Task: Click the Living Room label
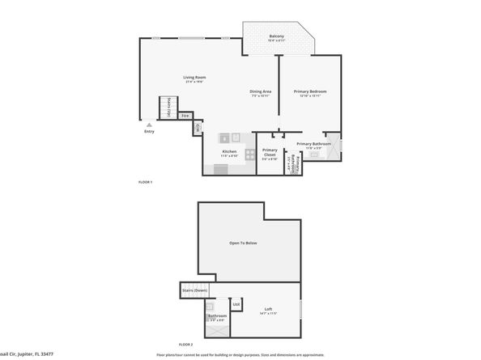(x=194, y=78)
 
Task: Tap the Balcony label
(x=277, y=36)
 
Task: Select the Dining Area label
(x=260, y=91)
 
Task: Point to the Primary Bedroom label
(x=310, y=91)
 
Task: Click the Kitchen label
(x=230, y=151)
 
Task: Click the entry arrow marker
(x=148, y=125)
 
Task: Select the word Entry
(x=149, y=132)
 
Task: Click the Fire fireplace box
(x=185, y=116)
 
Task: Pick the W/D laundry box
(x=198, y=126)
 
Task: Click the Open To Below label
(x=243, y=243)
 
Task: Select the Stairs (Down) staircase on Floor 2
(x=195, y=290)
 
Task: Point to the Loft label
(x=268, y=310)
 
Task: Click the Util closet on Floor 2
(x=236, y=304)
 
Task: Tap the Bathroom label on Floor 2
(x=216, y=316)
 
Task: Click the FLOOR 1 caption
(x=145, y=182)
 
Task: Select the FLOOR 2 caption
(x=186, y=345)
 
